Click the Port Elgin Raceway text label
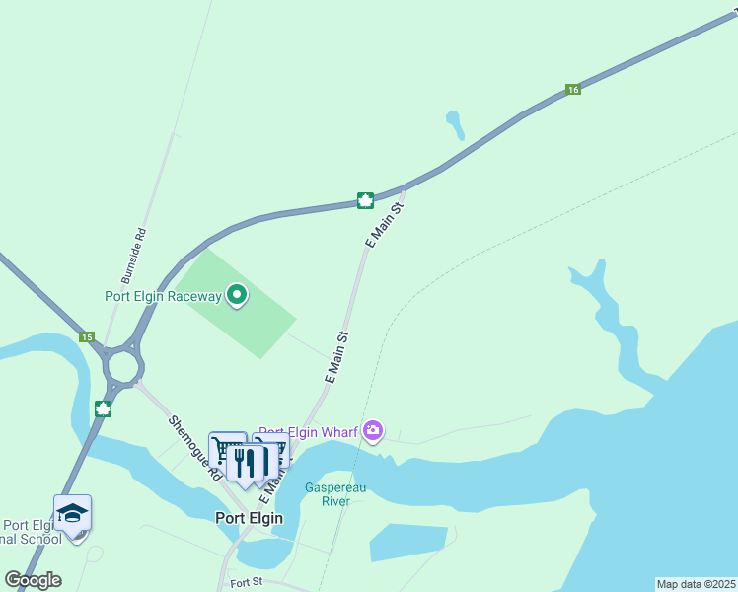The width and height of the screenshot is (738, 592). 164,296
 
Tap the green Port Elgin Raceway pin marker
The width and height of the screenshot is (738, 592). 237,294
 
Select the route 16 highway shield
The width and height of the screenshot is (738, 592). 573,89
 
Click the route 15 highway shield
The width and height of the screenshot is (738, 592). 87,337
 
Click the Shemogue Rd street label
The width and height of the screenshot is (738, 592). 194,448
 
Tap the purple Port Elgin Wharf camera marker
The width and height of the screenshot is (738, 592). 373,430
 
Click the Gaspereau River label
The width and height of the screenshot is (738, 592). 329,493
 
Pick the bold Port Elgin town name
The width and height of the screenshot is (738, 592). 249,518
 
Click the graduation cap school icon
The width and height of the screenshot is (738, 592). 72,513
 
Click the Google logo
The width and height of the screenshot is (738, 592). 33,580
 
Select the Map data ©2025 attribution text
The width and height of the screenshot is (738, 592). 696,584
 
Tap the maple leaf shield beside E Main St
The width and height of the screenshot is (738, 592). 364,201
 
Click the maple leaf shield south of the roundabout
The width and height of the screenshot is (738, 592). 102,408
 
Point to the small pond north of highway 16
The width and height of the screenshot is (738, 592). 456,124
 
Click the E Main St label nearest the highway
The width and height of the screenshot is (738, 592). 385,226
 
